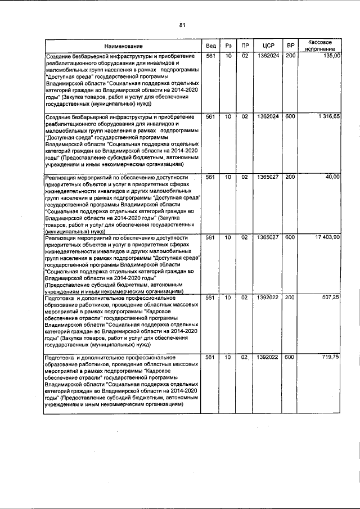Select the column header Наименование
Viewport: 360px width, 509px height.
pos(123,46)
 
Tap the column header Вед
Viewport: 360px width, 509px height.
pos(210,46)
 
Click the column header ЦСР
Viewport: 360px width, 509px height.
pos(264,46)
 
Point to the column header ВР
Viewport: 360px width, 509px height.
pos(290,46)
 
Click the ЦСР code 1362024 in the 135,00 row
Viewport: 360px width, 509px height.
pos(264,56)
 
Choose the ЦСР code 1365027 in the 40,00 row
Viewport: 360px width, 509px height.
pos(264,177)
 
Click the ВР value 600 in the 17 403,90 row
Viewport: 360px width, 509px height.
pos(290,237)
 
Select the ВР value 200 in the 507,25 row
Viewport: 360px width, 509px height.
pos(290,297)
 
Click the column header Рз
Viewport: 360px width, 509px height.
pos(228,46)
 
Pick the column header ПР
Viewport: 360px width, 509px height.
pos(245,46)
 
